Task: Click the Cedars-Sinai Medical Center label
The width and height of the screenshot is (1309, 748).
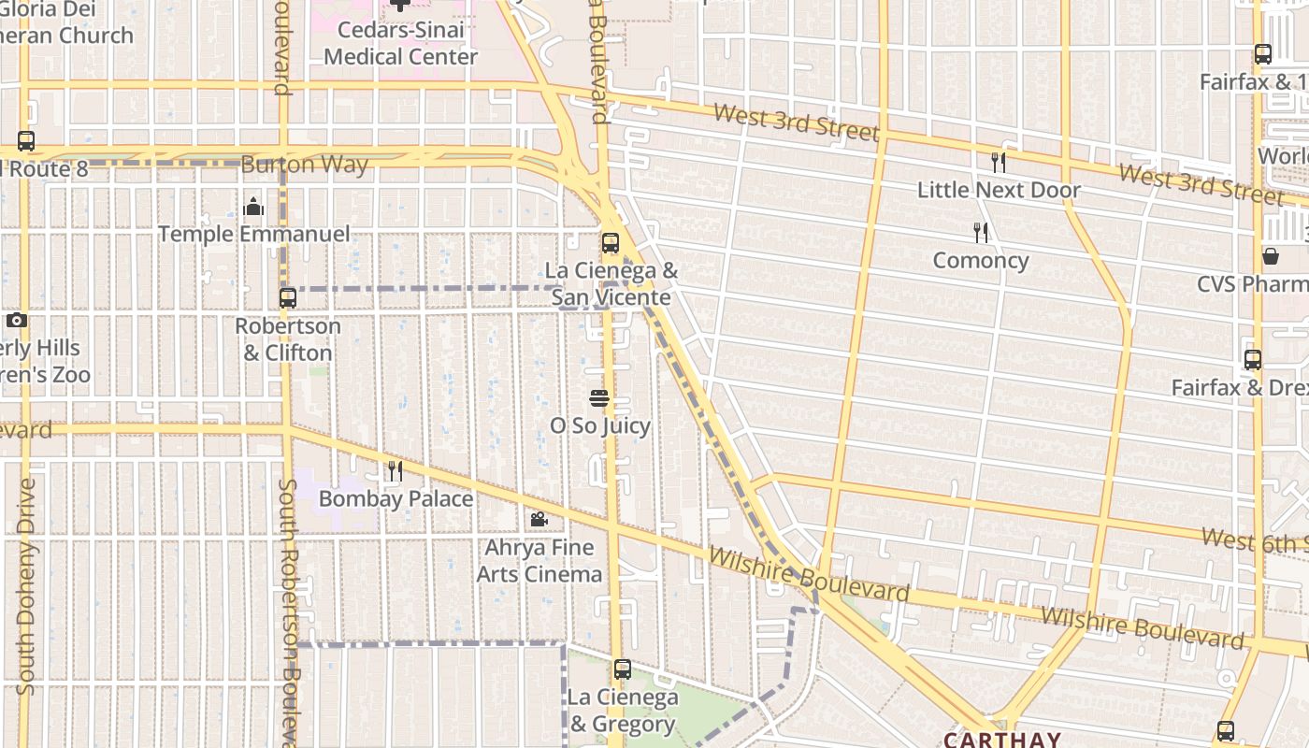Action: (x=400, y=43)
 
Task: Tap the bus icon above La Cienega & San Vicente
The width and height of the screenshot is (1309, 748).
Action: (x=611, y=243)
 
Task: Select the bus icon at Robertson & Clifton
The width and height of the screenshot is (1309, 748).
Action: (x=288, y=298)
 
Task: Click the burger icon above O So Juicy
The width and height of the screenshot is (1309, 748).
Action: (x=599, y=398)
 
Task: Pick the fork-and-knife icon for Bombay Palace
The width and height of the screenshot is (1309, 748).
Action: (x=396, y=470)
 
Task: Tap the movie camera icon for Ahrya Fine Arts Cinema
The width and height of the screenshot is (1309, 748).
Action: (x=539, y=519)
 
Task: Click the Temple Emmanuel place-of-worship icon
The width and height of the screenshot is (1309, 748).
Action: (x=253, y=207)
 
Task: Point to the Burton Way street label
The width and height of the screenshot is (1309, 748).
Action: (x=305, y=165)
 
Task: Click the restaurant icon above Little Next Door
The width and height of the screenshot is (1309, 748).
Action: (x=999, y=163)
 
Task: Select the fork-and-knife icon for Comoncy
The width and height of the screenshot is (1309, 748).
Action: (x=981, y=232)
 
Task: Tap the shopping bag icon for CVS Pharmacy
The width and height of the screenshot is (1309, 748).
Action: (x=1271, y=255)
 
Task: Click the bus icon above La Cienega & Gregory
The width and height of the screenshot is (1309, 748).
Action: (x=623, y=669)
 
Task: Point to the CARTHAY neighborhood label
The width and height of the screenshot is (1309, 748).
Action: (x=1001, y=740)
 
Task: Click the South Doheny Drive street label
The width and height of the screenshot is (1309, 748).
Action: (x=26, y=586)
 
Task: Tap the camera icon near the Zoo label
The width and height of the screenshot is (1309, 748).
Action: (x=16, y=321)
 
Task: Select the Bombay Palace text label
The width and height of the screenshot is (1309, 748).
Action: (x=396, y=498)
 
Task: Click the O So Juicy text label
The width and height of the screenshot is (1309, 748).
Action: (x=599, y=426)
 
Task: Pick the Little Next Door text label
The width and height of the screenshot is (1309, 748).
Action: (x=999, y=190)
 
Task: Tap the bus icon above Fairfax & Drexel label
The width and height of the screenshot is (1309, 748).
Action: (x=1253, y=360)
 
